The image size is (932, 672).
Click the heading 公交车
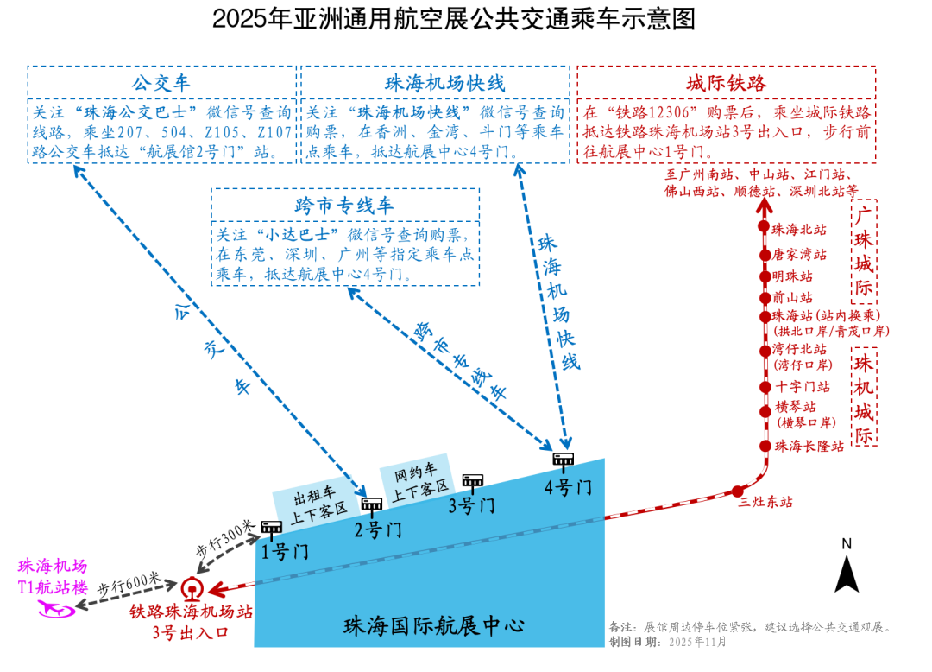161,84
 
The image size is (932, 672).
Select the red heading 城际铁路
726,84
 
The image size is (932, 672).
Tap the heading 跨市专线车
344,206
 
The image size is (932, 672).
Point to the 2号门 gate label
378,529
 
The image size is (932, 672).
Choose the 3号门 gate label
471,506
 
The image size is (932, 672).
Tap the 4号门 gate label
568,487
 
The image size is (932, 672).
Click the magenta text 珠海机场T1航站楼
54,577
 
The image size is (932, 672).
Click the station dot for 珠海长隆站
764,446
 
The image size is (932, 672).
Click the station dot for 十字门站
764,386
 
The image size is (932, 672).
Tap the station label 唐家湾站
799,255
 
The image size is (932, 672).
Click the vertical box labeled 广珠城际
864,251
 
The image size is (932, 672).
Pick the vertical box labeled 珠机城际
864,397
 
